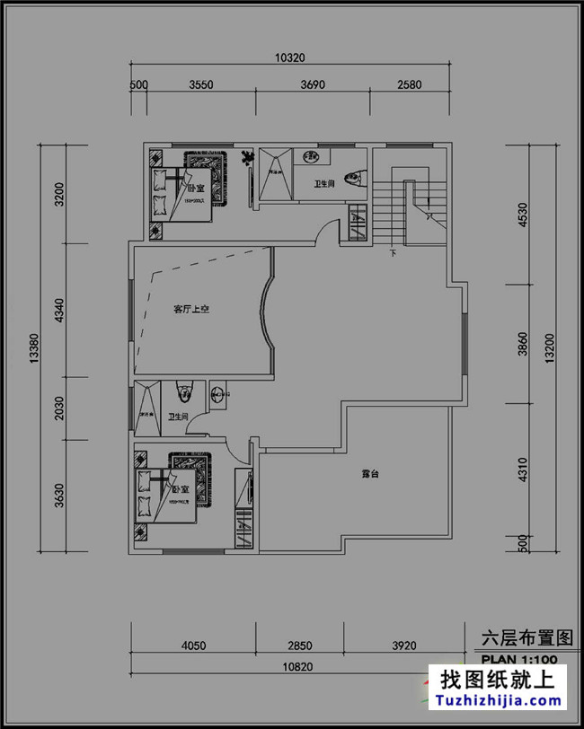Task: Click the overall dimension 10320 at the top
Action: tap(289, 57)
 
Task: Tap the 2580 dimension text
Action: tap(409, 85)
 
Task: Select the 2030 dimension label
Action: tap(59, 408)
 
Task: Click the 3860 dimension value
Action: tap(522, 344)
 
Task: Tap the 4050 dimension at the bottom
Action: tap(194, 644)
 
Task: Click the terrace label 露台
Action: tap(368, 473)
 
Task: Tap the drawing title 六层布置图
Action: tap(526, 638)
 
